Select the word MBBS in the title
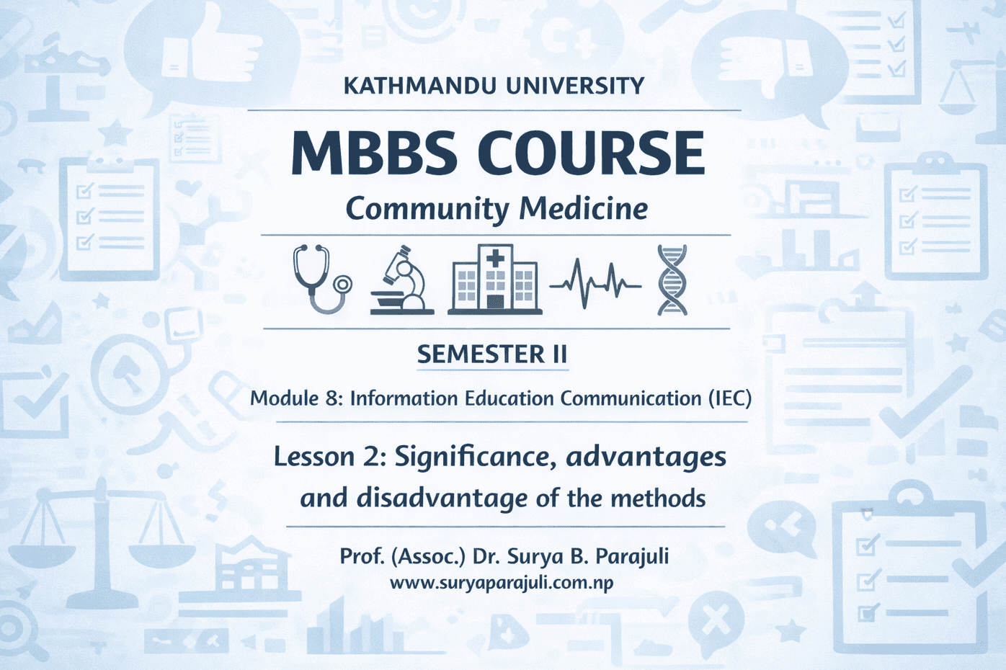(374, 153)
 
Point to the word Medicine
(583, 209)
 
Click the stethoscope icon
(321, 280)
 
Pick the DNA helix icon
(672, 280)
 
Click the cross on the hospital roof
(495, 258)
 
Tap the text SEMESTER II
(492, 354)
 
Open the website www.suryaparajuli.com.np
(502, 583)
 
